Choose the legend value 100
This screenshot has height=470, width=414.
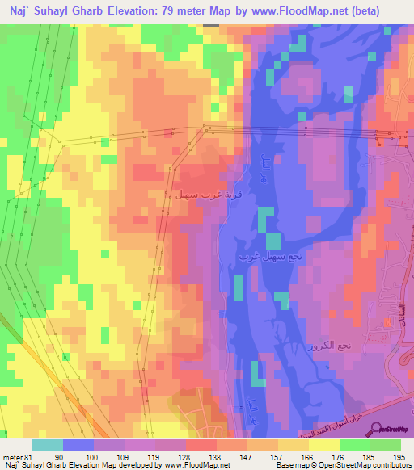click(94, 456)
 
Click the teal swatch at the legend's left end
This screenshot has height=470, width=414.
click(48, 444)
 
